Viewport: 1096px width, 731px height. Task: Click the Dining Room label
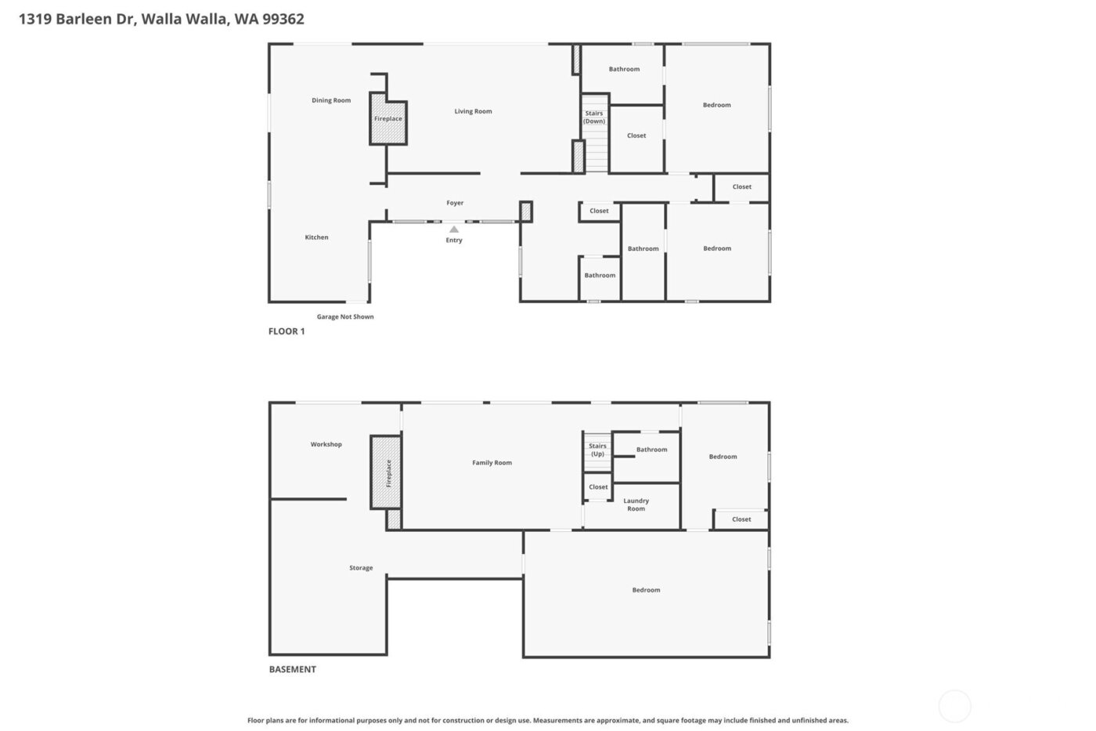(331, 100)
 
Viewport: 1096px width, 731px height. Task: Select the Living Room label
(473, 111)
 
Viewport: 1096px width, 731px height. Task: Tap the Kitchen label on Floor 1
(316, 237)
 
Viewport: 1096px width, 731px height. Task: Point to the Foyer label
(455, 203)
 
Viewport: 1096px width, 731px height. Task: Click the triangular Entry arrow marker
(454, 230)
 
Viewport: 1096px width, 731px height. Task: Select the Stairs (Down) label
(594, 118)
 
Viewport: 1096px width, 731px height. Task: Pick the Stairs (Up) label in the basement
(597, 450)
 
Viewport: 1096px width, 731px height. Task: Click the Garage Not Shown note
(345, 317)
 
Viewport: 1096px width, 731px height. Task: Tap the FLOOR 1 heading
(287, 331)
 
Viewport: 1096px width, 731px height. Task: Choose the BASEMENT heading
(293, 669)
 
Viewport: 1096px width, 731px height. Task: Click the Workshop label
(326, 444)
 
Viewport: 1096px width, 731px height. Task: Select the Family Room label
(492, 463)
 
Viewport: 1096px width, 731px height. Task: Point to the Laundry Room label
(636, 505)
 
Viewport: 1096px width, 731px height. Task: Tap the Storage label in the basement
(361, 568)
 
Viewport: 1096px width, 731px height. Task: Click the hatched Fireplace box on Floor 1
(388, 120)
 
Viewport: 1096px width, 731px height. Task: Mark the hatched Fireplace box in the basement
(386, 472)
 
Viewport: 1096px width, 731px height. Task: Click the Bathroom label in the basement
(651, 450)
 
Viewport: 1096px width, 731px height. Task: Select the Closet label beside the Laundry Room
(598, 487)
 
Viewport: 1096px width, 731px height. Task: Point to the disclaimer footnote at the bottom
(547, 720)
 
